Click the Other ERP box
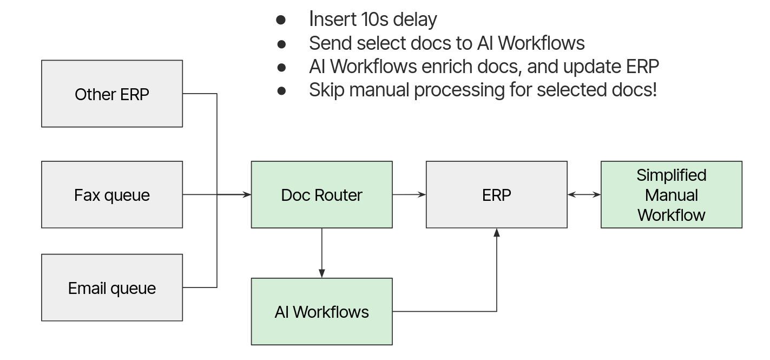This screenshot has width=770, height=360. click(x=112, y=94)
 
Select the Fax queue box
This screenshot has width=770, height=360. click(x=112, y=194)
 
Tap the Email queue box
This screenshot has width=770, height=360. click(x=112, y=287)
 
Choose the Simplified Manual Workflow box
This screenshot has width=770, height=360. click(x=671, y=194)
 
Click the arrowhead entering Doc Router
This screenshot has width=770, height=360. click(x=247, y=194)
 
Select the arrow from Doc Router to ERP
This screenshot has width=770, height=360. click(x=409, y=194)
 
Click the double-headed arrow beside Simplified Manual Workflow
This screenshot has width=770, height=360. click(x=584, y=194)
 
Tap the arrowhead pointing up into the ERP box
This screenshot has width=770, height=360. click(x=496, y=233)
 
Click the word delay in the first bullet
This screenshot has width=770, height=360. click(x=415, y=19)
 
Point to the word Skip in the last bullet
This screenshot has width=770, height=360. click(x=326, y=89)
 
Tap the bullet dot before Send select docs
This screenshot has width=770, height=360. click(x=281, y=43)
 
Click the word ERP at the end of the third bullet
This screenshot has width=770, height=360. click(x=642, y=66)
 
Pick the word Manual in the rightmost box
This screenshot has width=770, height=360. click(x=671, y=195)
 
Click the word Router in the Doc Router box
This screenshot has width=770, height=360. click(x=341, y=195)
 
